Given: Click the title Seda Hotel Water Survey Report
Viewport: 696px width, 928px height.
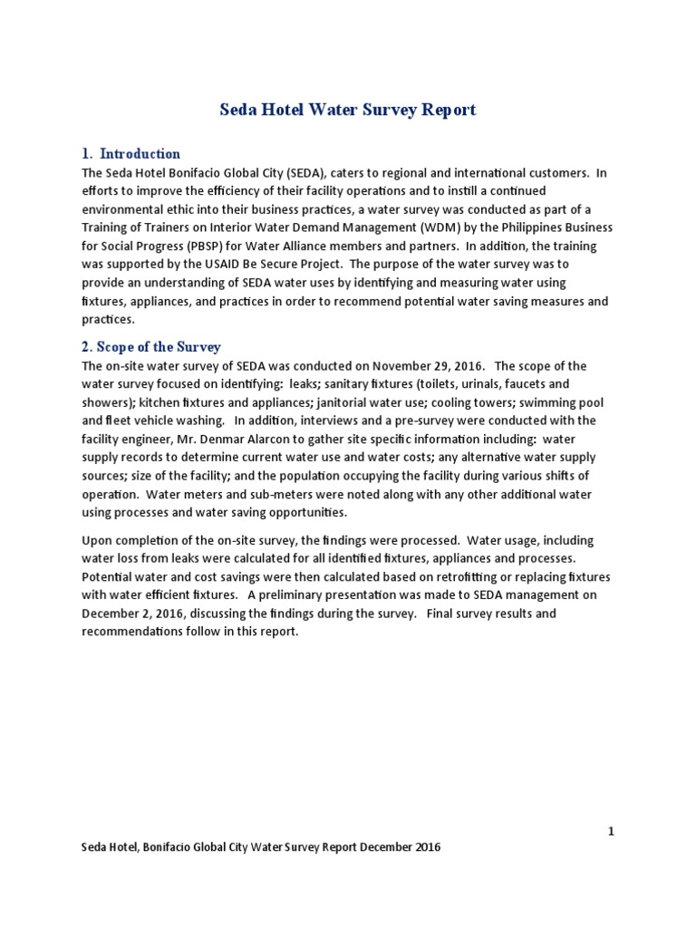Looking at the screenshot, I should coord(348,110).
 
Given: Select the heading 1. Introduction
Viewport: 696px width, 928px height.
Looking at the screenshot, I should coord(131,153).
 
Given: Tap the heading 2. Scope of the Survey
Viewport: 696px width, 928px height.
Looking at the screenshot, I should coord(151,347).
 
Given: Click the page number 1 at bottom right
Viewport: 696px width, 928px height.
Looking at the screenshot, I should coord(611,830).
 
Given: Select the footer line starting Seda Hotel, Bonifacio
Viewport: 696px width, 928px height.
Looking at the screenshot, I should coord(261,847).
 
